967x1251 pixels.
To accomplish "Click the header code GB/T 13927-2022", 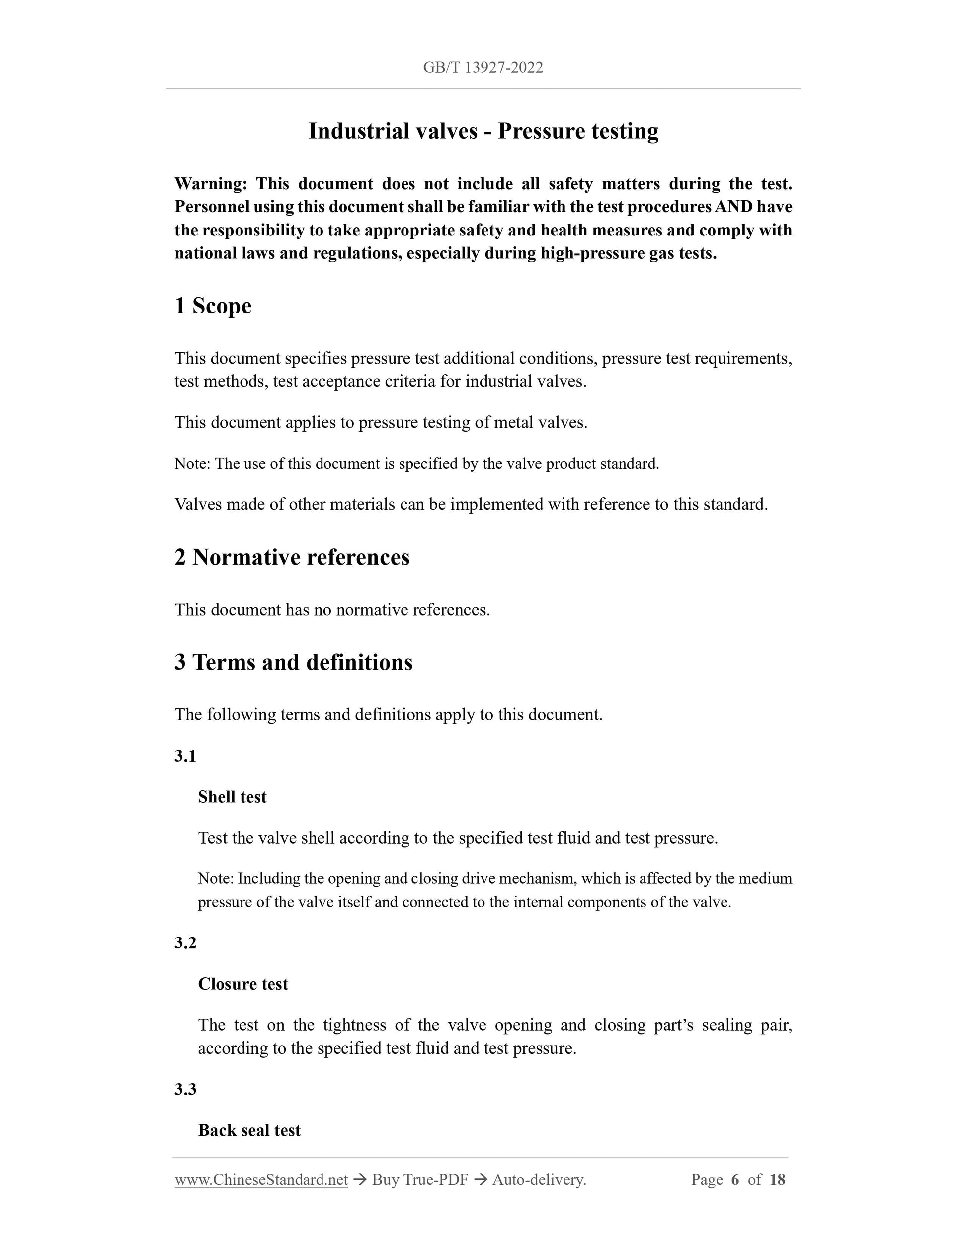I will pyautogui.click(x=483, y=68).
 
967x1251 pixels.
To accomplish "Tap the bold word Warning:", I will pyautogui.click(x=211, y=184).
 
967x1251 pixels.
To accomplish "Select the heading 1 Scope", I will pyautogui.click(x=213, y=306).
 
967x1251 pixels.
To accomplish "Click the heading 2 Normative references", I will pyautogui.click(x=292, y=557).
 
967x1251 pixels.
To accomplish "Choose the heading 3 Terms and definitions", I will pyautogui.click(x=293, y=662).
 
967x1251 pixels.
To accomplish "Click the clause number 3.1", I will pyautogui.click(x=185, y=756).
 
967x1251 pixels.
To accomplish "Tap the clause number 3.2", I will pyautogui.click(x=185, y=943).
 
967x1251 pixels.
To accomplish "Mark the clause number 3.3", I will pyautogui.click(x=185, y=1089).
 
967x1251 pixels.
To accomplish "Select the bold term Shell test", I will pyautogui.click(x=232, y=797).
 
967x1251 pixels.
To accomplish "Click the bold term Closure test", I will pyautogui.click(x=243, y=984).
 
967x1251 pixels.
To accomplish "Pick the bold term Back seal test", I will pyautogui.click(x=249, y=1130).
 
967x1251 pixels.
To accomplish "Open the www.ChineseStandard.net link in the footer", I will pyautogui.click(x=261, y=1180).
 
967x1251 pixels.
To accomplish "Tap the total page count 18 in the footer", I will pyautogui.click(x=777, y=1180).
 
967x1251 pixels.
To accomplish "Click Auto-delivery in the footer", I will pyautogui.click(x=539, y=1180).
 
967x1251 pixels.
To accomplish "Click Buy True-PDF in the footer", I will pyautogui.click(x=420, y=1180).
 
